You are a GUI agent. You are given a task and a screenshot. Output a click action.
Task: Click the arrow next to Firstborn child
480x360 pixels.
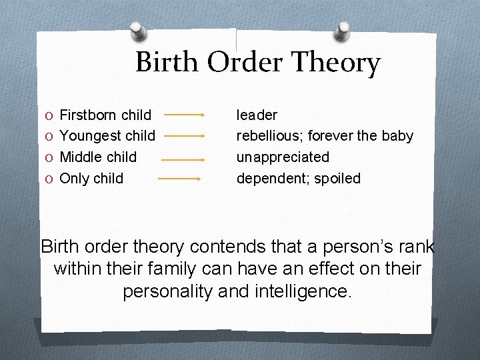click(184, 115)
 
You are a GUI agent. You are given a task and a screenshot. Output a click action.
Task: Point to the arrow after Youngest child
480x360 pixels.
click(184, 136)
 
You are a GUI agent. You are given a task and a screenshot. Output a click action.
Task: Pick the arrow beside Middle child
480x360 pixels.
click(182, 160)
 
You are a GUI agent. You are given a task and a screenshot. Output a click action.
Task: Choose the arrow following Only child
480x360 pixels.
click(179, 179)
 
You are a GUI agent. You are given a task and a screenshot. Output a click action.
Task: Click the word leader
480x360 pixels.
click(257, 115)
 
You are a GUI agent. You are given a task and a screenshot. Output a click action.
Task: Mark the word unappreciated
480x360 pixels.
click(283, 157)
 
